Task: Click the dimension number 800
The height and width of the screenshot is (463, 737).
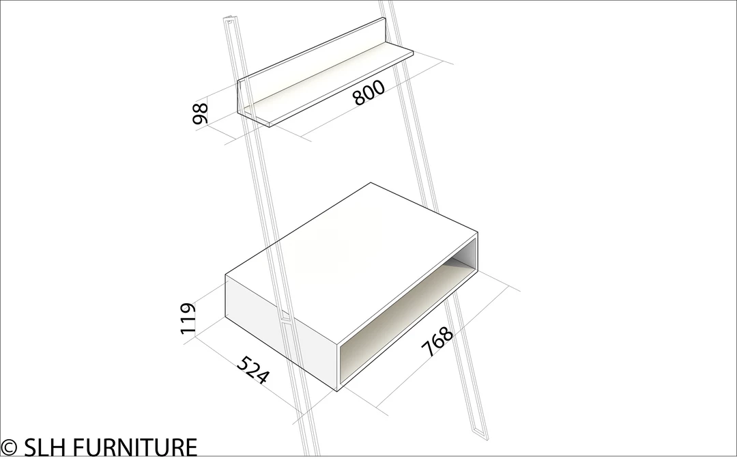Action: (x=369, y=92)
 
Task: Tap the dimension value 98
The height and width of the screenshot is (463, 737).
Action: (x=200, y=113)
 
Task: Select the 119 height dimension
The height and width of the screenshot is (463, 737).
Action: (x=188, y=319)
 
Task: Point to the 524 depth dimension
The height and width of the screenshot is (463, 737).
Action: (x=253, y=370)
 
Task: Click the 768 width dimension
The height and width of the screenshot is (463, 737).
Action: (x=437, y=341)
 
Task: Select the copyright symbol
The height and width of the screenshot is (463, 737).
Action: (x=9, y=447)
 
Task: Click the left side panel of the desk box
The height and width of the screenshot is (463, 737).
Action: (x=281, y=332)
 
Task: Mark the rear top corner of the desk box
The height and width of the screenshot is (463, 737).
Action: (x=371, y=182)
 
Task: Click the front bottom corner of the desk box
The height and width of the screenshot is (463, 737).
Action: (x=338, y=391)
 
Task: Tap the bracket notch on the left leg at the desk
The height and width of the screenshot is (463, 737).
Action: (x=287, y=321)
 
